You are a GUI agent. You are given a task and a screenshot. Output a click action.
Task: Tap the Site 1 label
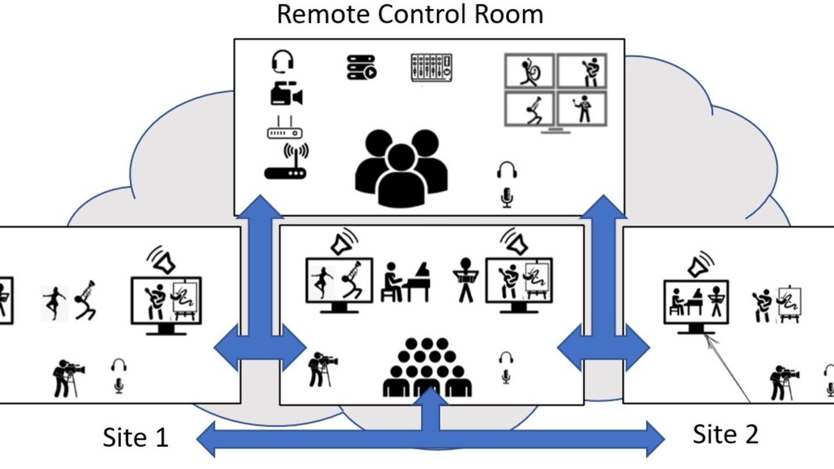click(136, 437)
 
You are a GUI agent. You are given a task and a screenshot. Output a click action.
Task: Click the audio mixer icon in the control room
click(431, 68)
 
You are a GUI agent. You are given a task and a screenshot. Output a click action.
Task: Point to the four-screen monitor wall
click(555, 91)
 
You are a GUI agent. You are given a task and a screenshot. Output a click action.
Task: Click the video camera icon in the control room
click(287, 94)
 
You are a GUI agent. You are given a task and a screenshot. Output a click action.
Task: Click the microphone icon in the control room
click(507, 197)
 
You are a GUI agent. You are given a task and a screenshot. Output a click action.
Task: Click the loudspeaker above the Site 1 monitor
click(164, 261)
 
